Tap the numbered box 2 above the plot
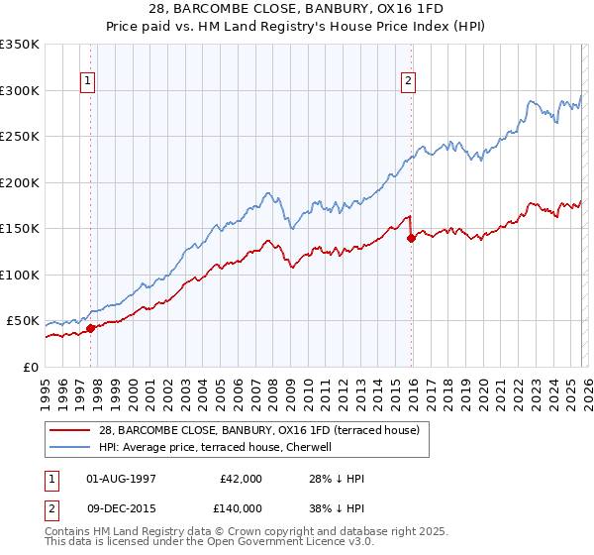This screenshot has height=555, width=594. tap(408, 82)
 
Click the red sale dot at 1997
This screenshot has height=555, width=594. tap(90, 328)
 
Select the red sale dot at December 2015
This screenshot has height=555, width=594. tap(411, 237)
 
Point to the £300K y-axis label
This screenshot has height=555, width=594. tap(20, 90)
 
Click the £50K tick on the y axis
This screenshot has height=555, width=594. tap(23, 321)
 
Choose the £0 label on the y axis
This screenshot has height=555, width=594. tap(32, 368)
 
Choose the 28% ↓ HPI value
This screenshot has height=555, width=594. tap(337, 479)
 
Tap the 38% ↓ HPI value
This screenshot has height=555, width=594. tap(337, 507)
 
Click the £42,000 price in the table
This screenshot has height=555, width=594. tap(242, 479)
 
